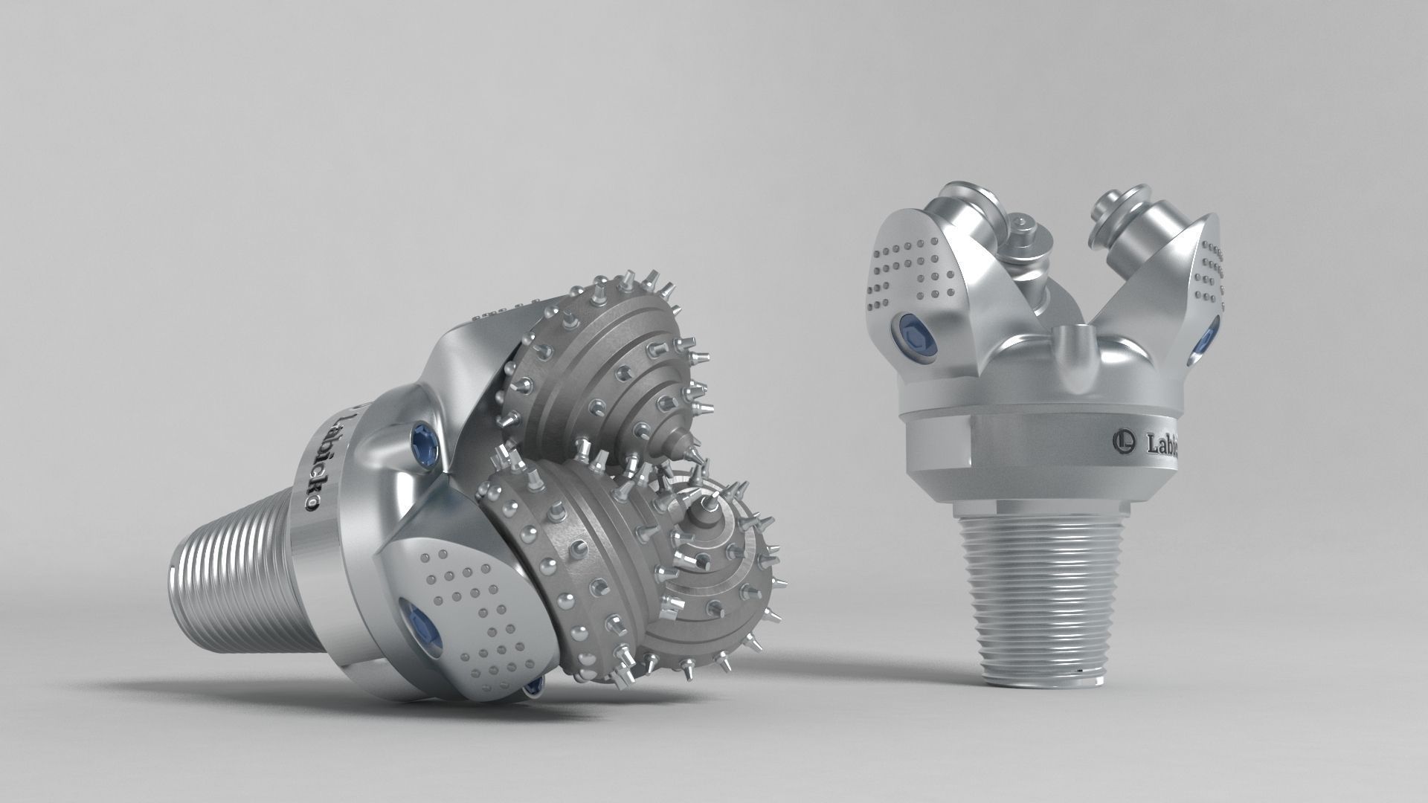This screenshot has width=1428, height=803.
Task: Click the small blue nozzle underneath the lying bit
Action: point(533,690)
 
